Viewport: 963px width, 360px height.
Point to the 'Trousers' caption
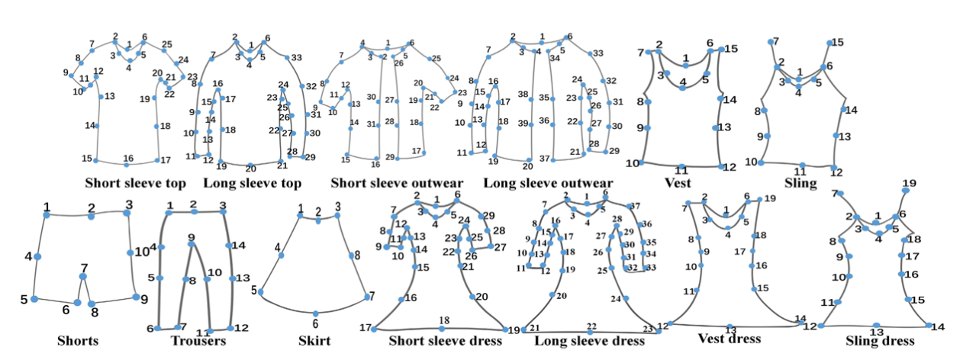coord(198,341)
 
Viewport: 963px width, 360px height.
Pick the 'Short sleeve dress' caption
coord(446,340)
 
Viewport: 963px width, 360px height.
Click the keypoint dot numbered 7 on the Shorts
coord(83,276)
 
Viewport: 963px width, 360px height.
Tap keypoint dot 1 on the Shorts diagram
coord(47,215)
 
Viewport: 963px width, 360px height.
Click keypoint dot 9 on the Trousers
coord(192,245)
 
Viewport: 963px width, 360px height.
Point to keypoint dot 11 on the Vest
coord(681,163)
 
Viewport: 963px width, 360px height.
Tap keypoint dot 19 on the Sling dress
coord(906,190)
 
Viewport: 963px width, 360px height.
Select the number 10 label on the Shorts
coord(140,252)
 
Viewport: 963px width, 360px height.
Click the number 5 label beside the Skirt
coord(254,291)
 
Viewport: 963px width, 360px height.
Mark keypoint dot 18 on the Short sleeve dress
coord(443,329)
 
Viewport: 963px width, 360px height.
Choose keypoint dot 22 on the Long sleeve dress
coord(589,332)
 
